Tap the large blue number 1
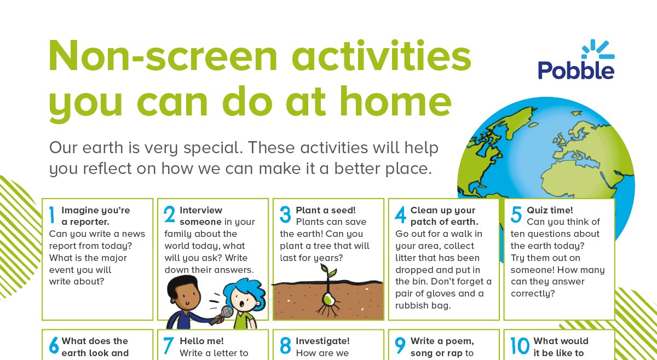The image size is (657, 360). (51, 216)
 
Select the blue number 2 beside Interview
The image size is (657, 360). (169, 216)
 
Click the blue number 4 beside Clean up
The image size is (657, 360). (400, 216)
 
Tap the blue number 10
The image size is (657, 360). (520, 346)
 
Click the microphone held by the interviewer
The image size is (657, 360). (226, 313)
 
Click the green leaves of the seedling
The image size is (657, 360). (328, 271)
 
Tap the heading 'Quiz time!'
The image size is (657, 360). (550, 210)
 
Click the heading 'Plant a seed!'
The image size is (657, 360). (326, 210)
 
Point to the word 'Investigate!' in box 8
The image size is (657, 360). (322, 341)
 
